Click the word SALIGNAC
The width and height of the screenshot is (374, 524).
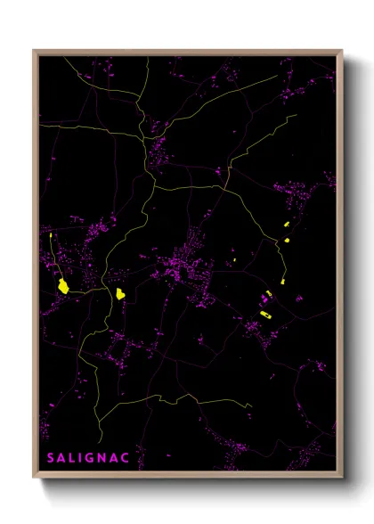[x=88, y=457]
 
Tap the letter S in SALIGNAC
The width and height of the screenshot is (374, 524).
[x=51, y=457]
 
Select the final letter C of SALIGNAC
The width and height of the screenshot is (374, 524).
[x=126, y=457]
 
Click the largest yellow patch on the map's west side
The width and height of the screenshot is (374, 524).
[x=63, y=286]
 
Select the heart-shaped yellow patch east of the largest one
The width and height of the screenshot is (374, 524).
[x=119, y=293]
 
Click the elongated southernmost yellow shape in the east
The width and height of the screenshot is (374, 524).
[x=264, y=314]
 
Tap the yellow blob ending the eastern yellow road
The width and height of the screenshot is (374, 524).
[x=281, y=282]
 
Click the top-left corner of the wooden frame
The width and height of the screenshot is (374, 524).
[x=34, y=51]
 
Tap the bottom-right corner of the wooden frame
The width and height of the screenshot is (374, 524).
[x=342, y=478]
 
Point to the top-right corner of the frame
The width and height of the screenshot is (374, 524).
[x=342, y=51]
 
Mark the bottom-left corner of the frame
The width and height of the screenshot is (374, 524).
[x=34, y=478]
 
